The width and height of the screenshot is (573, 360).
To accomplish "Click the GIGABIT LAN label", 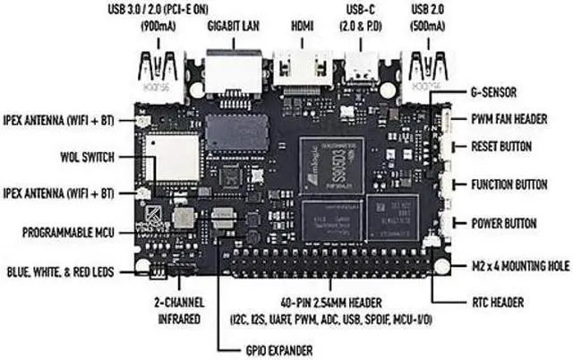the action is (235, 26).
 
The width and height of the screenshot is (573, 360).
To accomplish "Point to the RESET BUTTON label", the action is (502, 146).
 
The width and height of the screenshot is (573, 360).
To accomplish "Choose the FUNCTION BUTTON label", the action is (510, 185).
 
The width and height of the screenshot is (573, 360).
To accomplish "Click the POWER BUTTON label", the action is (503, 223).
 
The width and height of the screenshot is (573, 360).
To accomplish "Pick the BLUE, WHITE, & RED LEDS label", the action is (60, 270).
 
